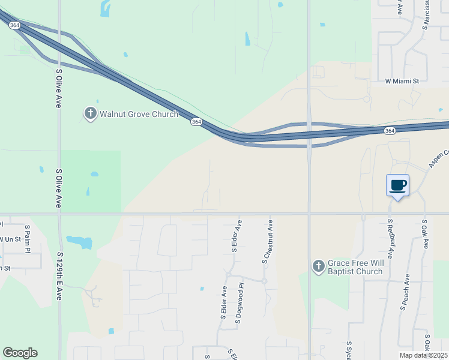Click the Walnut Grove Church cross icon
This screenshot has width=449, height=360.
90,113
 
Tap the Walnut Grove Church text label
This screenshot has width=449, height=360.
139,114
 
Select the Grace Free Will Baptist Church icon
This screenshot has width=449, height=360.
319,265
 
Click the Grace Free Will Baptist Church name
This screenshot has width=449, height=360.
355,268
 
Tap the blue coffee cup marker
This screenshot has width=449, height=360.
397,185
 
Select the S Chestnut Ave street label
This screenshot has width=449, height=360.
270,241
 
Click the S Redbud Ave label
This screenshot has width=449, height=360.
390,238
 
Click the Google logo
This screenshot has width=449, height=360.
20,353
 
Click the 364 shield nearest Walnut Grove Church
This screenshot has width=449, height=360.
196,122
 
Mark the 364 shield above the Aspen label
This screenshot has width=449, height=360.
390,131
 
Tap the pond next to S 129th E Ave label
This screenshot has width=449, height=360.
80,242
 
